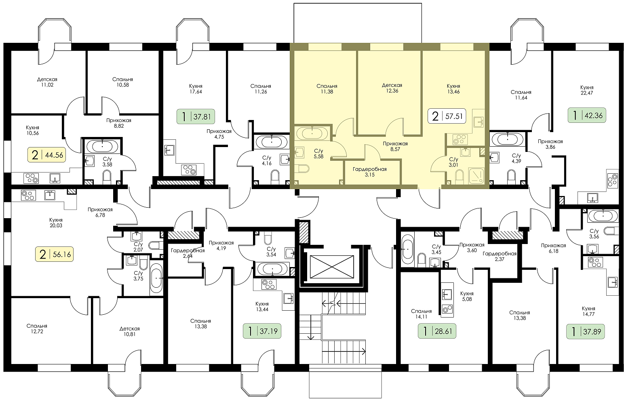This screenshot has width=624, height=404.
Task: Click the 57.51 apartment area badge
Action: [x=447, y=116]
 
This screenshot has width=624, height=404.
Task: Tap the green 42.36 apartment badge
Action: [x=587, y=115]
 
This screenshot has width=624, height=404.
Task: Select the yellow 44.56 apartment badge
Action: [x=47, y=155]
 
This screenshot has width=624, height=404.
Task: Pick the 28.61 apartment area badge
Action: [x=437, y=331]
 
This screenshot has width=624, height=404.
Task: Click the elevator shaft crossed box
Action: [x=331, y=267]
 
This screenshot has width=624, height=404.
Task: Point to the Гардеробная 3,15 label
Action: [x=370, y=172]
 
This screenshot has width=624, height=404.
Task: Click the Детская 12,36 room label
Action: [x=392, y=88]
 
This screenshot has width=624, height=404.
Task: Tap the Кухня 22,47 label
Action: [x=587, y=90]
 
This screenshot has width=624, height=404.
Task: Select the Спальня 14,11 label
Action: [x=421, y=314]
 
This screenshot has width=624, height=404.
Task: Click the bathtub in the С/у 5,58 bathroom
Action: [x=312, y=134]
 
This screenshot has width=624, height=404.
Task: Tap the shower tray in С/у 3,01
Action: [x=476, y=176]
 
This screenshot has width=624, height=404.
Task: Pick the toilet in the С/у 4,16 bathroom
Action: [x=275, y=177]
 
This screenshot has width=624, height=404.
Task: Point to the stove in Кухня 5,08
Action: [x=447, y=309]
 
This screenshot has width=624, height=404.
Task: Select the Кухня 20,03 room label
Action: [x=56, y=223]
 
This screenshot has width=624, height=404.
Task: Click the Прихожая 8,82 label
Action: [x=119, y=123]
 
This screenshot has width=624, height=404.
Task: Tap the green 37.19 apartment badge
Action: [x=262, y=331]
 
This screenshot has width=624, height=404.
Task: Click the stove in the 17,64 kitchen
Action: [x=189, y=170]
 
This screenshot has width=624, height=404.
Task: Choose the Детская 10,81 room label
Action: [x=130, y=331]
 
